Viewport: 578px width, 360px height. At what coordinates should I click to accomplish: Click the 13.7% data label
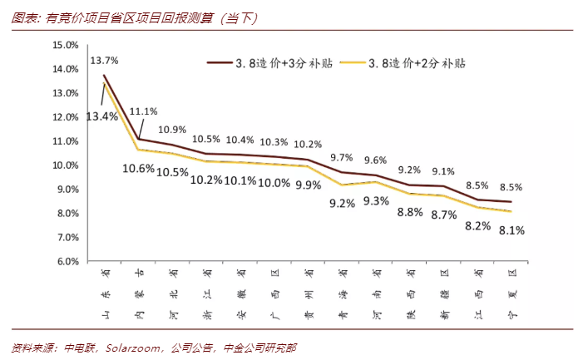pos(105,61)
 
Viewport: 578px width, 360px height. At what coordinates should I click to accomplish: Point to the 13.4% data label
pos(101,116)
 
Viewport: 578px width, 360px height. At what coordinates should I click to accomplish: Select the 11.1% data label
pos(144,111)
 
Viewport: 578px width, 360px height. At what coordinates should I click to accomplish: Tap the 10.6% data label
pos(138,169)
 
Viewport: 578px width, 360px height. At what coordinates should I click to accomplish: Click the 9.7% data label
pos(342,156)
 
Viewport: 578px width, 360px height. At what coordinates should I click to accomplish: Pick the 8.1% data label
pos(511,231)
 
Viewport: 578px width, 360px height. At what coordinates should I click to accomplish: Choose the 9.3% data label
pos(376,200)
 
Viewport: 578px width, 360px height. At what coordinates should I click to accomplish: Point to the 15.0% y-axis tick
pos(64,45)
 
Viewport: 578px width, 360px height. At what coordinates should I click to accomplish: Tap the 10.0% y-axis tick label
pos(64,165)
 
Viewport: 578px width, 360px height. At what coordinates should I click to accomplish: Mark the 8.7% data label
pos(443,215)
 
